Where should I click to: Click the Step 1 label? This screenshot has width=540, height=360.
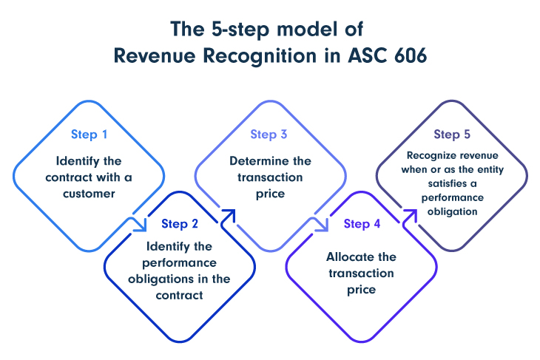click(90, 135)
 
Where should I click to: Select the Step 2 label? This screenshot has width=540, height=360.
click(180, 224)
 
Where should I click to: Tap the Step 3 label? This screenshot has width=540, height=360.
click(269, 135)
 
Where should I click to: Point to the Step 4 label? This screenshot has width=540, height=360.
click(362, 224)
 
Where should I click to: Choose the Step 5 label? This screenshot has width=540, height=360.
click(452, 135)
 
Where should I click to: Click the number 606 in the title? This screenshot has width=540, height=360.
click(411, 55)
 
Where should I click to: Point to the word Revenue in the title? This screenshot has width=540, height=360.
click(155, 55)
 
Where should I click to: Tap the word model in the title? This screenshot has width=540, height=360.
click(307, 29)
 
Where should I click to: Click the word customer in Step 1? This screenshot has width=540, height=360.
click(89, 194)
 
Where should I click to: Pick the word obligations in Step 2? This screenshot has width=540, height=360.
click(161, 279)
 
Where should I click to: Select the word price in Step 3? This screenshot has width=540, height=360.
click(270, 194)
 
